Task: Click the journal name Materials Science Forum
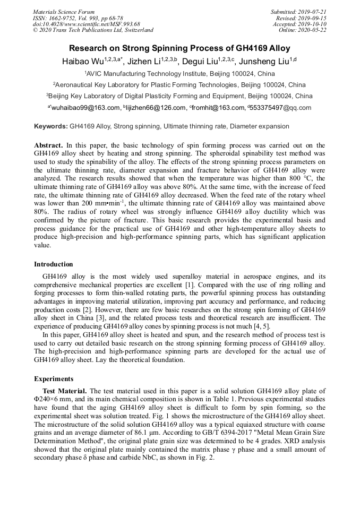pyautogui.click(x=64, y=12)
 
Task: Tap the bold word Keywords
pyautogui.click(x=50, y=127)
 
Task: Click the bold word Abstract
pyautogui.click(x=48, y=145)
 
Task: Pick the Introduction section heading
pyautogui.click(x=54, y=264)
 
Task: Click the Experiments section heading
pyautogui.click(x=54, y=379)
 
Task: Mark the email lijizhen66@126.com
pyautogui.click(x=156, y=108)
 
